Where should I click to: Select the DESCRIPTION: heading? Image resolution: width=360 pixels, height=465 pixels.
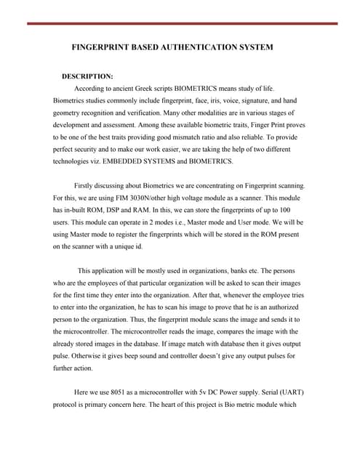(87, 76)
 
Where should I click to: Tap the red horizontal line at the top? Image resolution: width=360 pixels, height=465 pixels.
(182, 23)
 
